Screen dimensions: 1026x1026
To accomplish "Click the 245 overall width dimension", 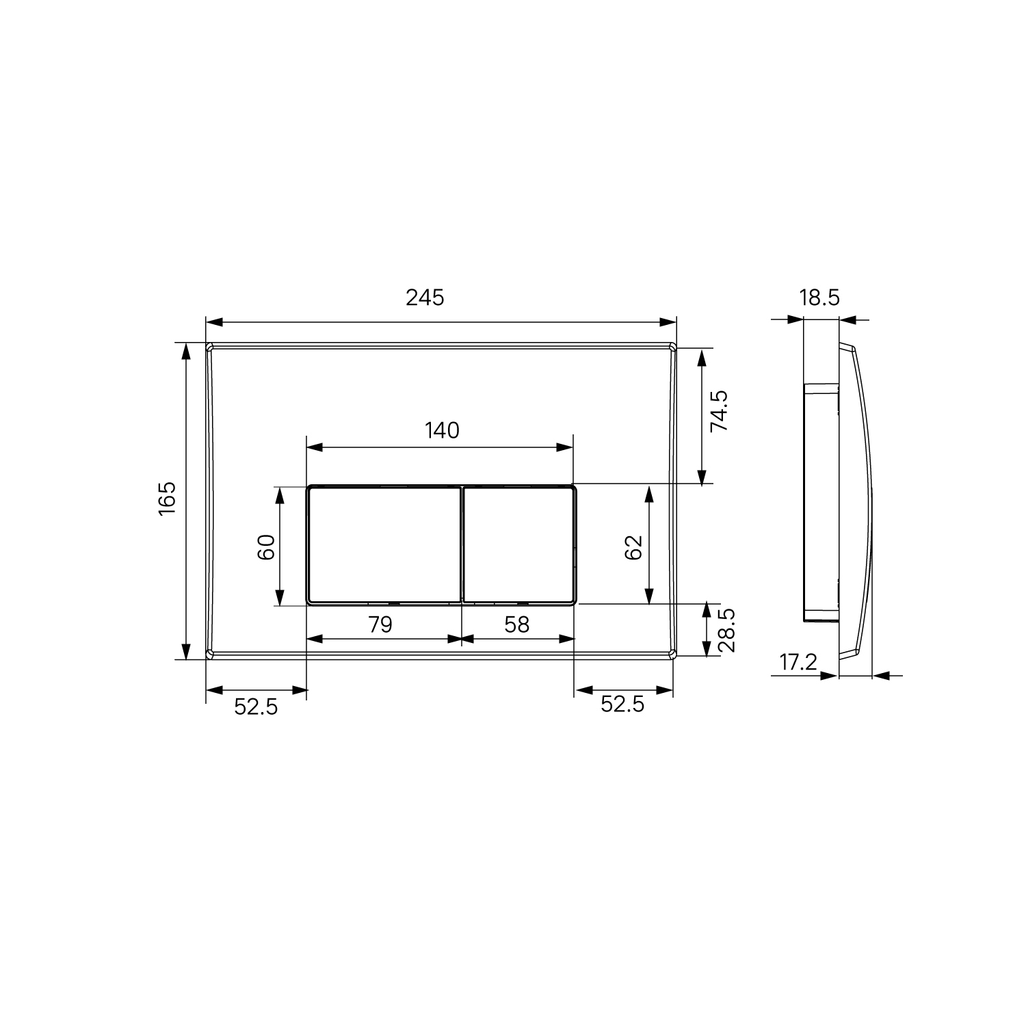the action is tap(425, 298).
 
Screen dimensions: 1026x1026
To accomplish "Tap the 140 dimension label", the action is tap(442, 430).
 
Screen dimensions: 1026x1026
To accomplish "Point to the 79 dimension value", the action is tap(380, 624).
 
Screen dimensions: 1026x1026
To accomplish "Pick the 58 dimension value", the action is tap(517, 624).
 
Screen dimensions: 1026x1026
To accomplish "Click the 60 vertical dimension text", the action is tap(266, 547).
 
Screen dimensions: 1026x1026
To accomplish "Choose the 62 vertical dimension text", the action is tap(633, 547).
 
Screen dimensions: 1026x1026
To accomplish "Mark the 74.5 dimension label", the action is tap(719, 411).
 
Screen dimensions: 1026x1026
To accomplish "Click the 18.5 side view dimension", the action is tap(819, 298).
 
